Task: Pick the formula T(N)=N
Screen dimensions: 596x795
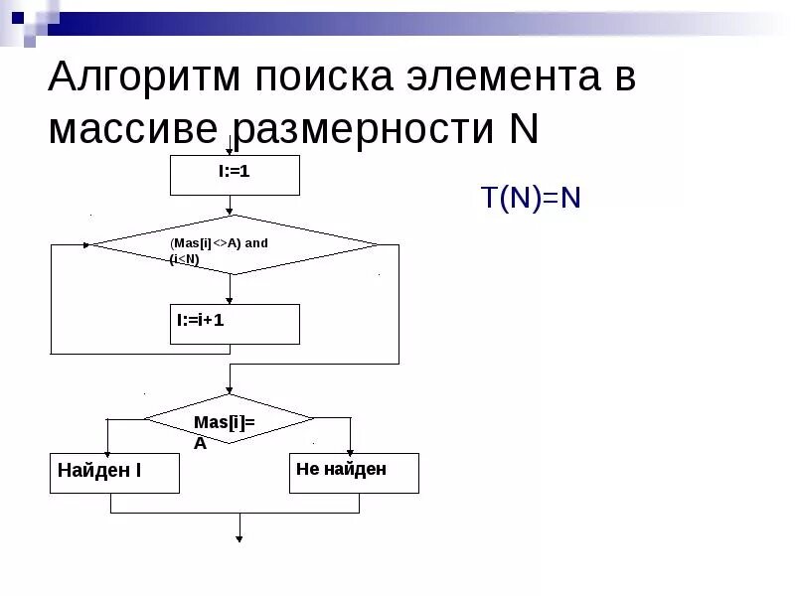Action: pyautogui.click(x=531, y=198)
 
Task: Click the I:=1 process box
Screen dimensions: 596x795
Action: pyautogui.click(x=235, y=175)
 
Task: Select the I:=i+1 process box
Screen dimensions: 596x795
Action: pyautogui.click(x=235, y=324)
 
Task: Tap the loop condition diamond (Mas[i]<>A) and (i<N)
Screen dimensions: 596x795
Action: pyautogui.click(x=235, y=244)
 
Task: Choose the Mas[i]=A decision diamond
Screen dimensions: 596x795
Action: pyautogui.click(x=230, y=418)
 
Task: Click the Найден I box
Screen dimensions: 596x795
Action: pyautogui.click(x=114, y=473)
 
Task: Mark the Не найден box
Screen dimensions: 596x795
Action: pyautogui.click(x=354, y=473)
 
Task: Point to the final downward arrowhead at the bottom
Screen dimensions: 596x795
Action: pyautogui.click(x=239, y=538)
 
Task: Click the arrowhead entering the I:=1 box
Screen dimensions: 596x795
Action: pyautogui.click(x=231, y=152)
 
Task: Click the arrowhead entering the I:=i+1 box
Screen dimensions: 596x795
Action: pyautogui.click(x=231, y=300)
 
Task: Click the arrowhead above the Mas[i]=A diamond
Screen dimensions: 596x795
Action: pyautogui.click(x=231, y=390)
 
